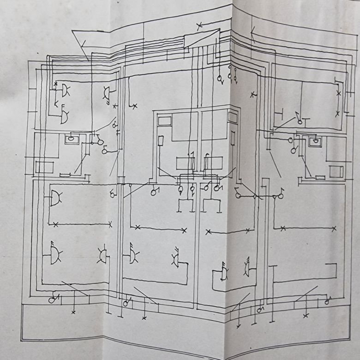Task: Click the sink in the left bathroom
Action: pyautogui.click(x=72, y=138)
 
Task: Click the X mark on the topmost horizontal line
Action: pyautogui.click(x=199, y=25)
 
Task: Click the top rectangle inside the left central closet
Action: pyautogui.click(x=165, y=121)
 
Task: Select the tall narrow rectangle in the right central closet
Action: pyautogui.click(x=233, y=138)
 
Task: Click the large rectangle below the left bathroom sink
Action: pyautogui.click(x=45, y=167)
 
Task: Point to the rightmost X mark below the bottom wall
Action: pyautogui.click(x=305, y=316)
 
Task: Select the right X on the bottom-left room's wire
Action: pyautogui.click(x=111, y=225)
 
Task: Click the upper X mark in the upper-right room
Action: pyautogui.click(x=338, y=93)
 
